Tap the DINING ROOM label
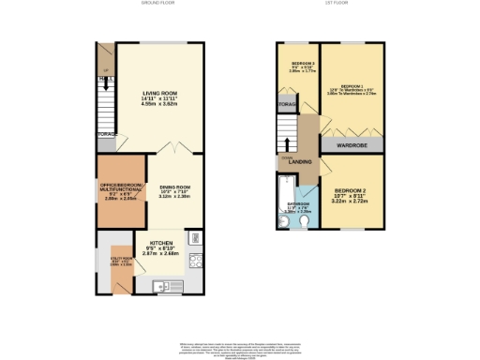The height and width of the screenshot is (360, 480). (x=174, y=187)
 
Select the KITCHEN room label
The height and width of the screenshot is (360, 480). (x=160, y=241)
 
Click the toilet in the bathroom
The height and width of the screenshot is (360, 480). (x=284, y=224)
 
